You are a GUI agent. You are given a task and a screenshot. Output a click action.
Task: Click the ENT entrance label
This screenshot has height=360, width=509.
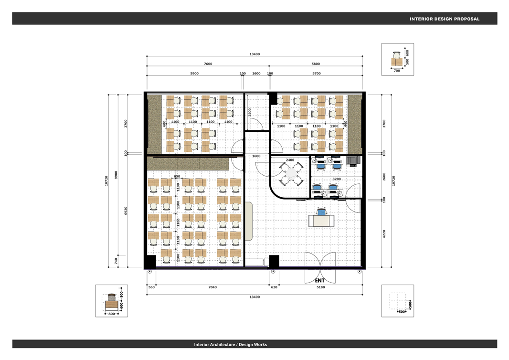coord(320,280)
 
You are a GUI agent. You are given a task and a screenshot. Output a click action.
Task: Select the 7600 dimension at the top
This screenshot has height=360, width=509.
coord(208,64)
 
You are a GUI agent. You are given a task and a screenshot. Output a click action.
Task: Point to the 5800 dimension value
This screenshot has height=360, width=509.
coord(316,64)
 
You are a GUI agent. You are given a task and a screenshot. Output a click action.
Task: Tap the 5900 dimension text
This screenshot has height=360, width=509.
coord(194,74)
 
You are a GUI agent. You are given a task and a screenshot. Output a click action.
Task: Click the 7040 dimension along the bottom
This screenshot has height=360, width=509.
coord(212,287)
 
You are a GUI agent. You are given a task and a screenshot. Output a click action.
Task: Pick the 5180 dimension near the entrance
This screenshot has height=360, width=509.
coord(321,287)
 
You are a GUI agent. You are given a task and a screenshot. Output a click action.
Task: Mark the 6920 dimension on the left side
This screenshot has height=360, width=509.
coord(126,211)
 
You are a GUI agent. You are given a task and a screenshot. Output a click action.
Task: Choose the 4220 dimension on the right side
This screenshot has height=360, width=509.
coord(384,234)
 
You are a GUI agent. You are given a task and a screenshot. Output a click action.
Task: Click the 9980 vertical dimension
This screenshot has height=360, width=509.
coord(116,175)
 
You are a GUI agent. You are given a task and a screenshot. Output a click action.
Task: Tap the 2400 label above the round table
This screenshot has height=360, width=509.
coord(290,160)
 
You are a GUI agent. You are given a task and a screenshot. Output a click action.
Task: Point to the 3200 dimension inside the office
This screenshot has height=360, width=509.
coord(337,179)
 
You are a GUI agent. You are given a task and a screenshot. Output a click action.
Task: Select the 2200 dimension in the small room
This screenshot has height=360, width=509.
coord(250,112)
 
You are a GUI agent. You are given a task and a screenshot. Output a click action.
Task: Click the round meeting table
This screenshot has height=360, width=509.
coord(291,174)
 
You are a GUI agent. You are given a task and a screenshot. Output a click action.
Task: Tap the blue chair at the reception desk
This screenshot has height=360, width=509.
coord(321,212)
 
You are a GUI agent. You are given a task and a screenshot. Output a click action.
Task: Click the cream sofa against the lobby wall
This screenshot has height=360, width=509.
coord(249,222)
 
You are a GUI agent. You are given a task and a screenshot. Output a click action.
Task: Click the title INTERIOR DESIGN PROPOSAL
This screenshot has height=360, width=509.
coord(445,19)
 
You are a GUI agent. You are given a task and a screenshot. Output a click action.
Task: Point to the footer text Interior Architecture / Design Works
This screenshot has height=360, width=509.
coord(231,345)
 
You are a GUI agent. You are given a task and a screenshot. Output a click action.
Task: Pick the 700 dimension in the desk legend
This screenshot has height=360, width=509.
coord(397,71)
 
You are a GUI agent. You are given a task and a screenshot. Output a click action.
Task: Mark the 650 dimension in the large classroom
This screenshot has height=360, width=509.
coord(177,177)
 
